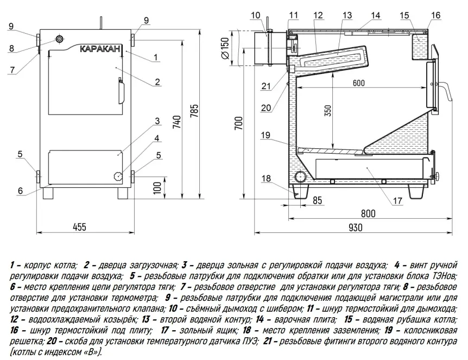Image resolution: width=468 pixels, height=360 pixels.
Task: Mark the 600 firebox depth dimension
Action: click(358, 83)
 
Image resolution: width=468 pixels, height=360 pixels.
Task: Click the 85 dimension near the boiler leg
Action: click(318, 199)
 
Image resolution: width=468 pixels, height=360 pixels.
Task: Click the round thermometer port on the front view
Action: click(59, 41)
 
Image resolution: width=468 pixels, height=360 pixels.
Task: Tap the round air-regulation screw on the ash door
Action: click(117, 176)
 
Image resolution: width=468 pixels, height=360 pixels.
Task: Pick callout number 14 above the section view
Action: click(376, 15)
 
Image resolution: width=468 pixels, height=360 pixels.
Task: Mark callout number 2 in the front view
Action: click(157, 82)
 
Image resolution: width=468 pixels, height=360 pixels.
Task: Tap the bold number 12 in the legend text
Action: click(14, 319)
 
